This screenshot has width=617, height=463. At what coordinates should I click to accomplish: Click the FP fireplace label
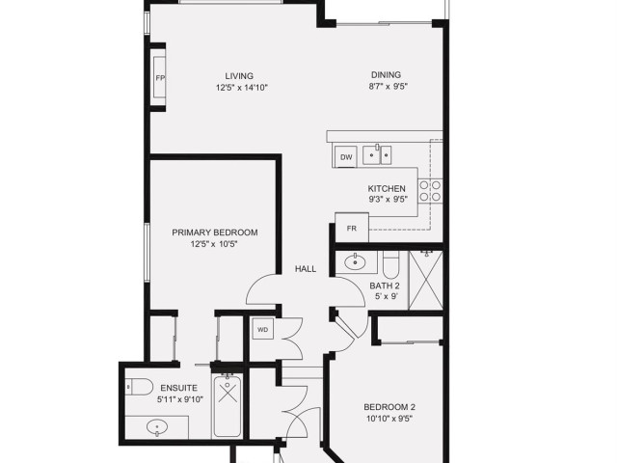(x=160, y=78)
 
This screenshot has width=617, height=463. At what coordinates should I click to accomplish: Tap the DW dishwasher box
(x=346, y=157)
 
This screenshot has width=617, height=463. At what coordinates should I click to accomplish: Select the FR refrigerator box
(x=352, y=228)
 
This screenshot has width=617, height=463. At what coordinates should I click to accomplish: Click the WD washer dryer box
(x=263, y=330)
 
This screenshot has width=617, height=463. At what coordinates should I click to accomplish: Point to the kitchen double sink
(x=377, y=154)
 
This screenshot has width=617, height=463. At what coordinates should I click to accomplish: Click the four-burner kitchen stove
(x=430, y=191)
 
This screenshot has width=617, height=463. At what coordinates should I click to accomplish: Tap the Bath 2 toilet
(x=391, y=262)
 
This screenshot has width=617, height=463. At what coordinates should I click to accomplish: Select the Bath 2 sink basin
(x=356, y=262)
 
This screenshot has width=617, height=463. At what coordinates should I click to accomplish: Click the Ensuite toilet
(x=139, y=387)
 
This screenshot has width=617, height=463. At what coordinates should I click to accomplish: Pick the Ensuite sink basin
(x=157, y=427)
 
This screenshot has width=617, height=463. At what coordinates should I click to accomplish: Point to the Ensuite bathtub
(x=228, y=405)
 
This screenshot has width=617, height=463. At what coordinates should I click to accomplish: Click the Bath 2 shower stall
(x=426, y=280)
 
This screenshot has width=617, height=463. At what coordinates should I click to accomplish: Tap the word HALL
(x=306, y=269)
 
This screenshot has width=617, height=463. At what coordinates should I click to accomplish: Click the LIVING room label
(x=239, y=76)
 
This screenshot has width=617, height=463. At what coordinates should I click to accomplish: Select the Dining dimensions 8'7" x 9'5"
(x=388, y=86)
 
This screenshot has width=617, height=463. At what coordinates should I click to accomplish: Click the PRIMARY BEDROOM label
(x=215, y=232)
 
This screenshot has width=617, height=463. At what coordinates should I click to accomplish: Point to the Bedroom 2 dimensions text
(x=389, y=419)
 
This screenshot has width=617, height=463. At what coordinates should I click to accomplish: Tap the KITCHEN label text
(x=387, y=189)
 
